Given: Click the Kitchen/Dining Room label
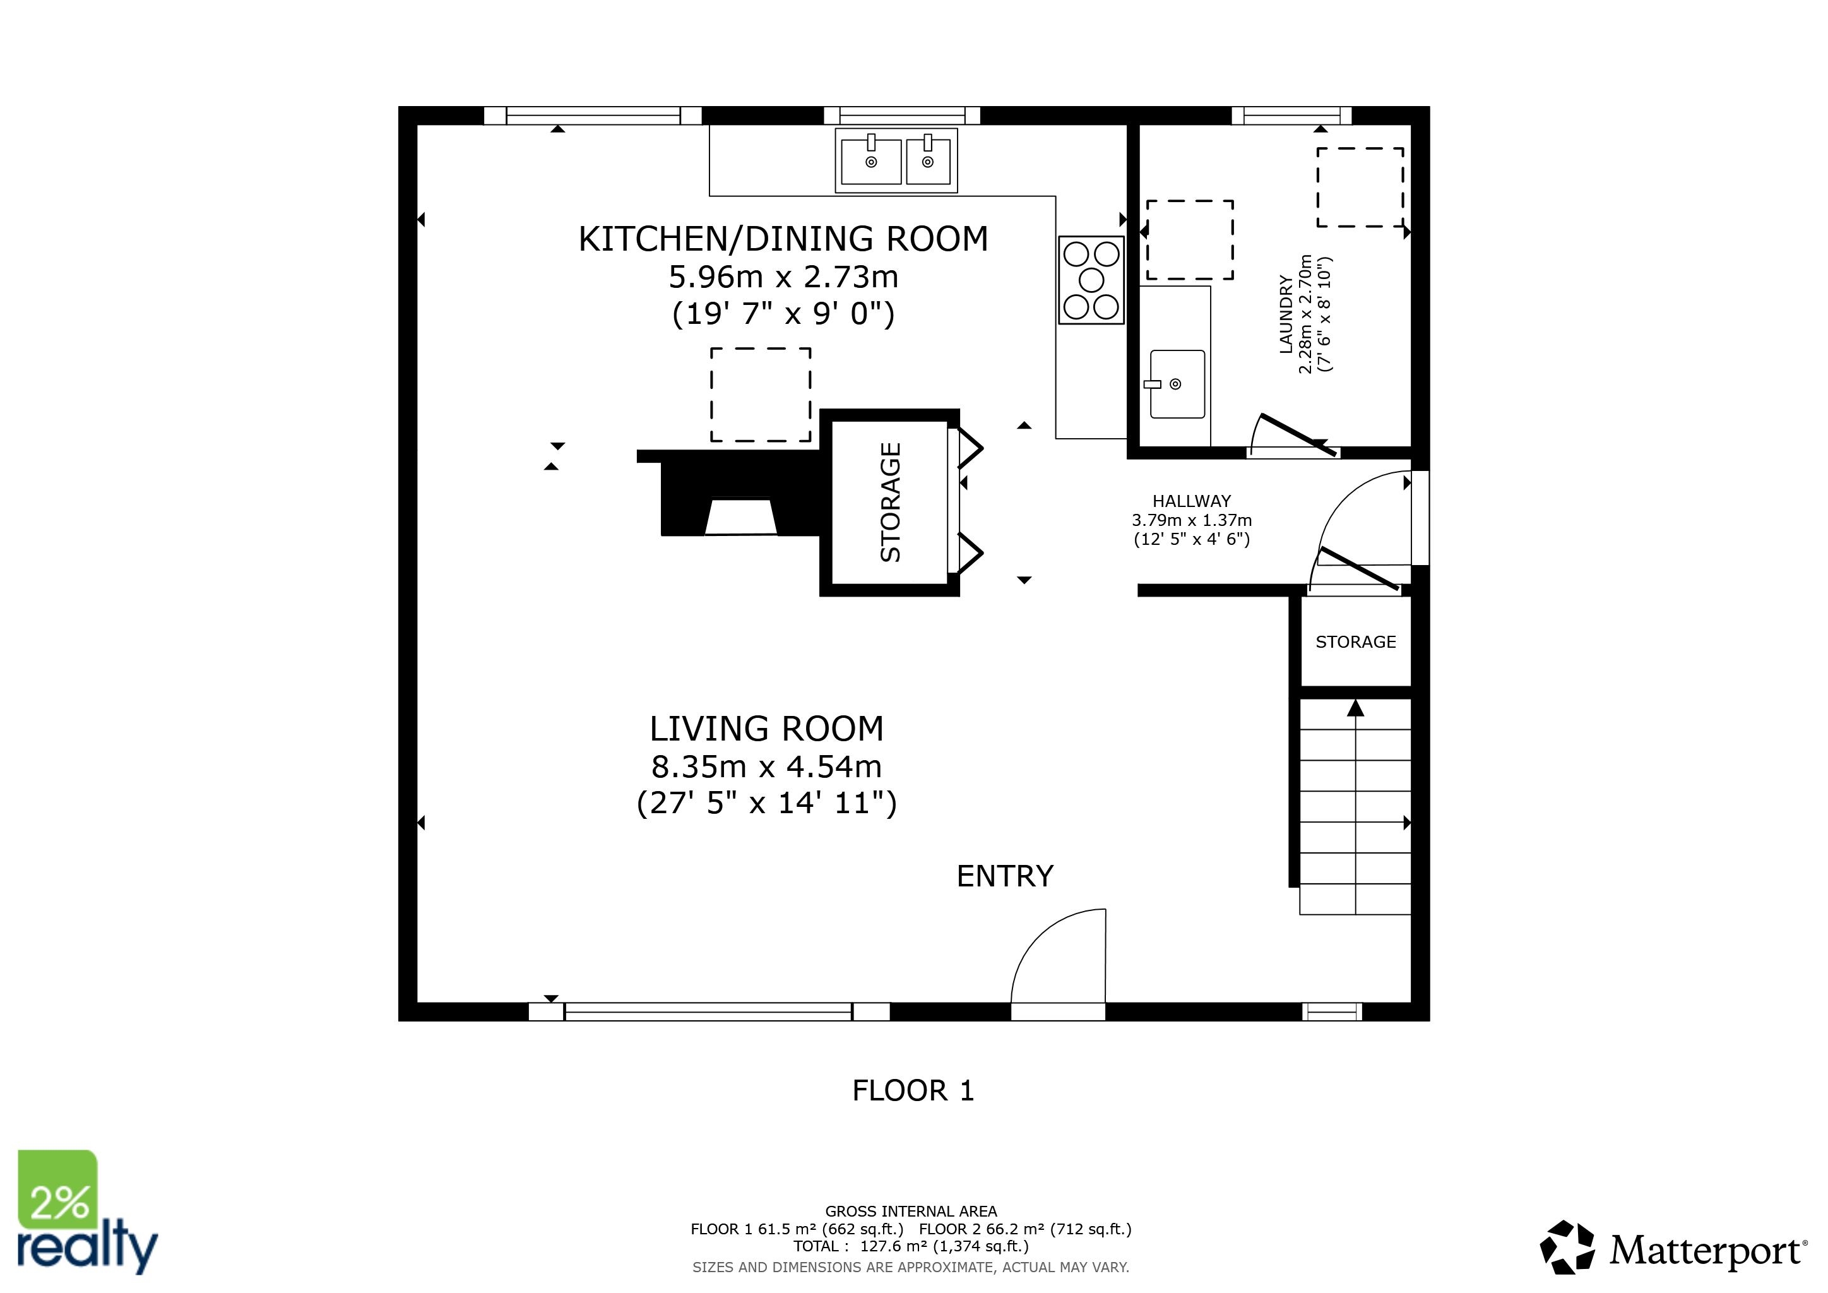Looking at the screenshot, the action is [x=783, y=239].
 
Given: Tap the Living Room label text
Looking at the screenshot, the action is [x=767, y=729].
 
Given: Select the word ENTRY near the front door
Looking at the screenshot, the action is [x=1005, y=876].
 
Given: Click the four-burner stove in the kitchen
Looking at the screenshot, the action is [x=1091, y=280].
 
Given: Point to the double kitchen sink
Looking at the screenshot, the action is [x=896, y=160].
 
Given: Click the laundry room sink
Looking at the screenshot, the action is [x=1177, y=384].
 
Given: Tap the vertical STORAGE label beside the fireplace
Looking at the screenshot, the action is [x=890, y=503].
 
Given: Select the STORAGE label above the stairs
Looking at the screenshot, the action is [x=1355, y=641].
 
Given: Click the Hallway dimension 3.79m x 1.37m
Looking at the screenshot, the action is [x=1191, y=520].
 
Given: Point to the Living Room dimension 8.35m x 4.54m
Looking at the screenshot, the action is [x=767, y=766].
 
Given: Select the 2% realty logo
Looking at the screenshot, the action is [x=86, y=1212].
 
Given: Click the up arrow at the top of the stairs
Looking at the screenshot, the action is [x=1355, y=708].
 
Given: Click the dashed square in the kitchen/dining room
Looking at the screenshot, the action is [x=761, y=394].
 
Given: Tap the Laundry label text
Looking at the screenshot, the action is [x=1285, y=314].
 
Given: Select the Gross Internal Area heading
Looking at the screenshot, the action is [x=911, y=1211].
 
